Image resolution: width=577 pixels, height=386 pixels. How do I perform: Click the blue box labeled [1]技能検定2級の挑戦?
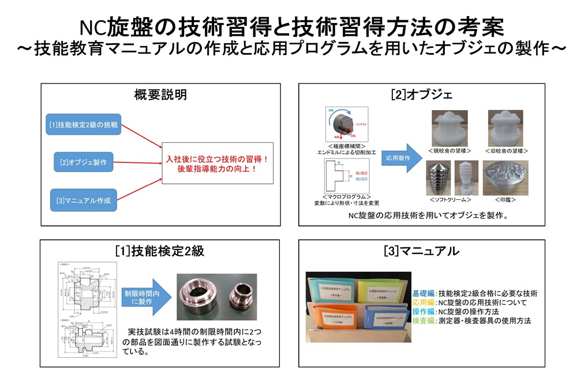click(84, 124)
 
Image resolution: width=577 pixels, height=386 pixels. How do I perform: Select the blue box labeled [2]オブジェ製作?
click(84, 162)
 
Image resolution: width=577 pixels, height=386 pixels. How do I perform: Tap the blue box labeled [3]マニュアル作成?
click(84, 201)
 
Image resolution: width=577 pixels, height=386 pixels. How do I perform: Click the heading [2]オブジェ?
click(422, 94)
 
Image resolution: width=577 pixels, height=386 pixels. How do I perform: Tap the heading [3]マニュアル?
click(422, 251)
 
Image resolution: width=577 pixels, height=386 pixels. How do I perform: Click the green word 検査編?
click(424, 321)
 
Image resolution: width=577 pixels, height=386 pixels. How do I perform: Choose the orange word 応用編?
click(424, 302)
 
